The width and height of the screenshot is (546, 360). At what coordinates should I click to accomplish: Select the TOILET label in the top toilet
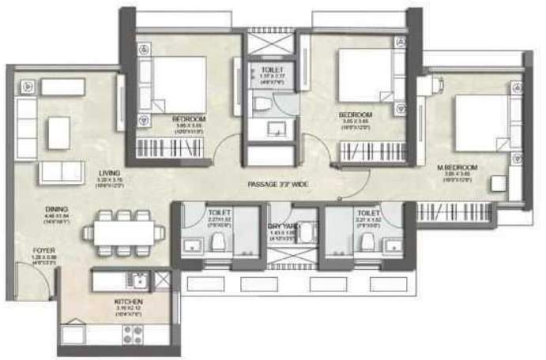point(271,70)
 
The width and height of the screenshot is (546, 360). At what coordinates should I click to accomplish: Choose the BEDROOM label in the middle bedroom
point(355,114)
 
